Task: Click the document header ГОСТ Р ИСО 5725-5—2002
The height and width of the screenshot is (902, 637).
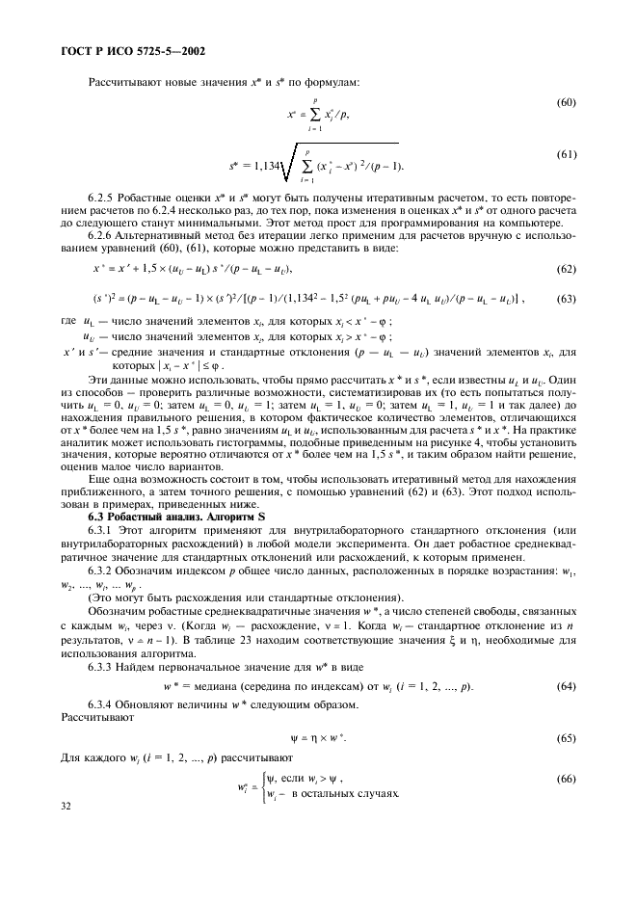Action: (x=124, y=51)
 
